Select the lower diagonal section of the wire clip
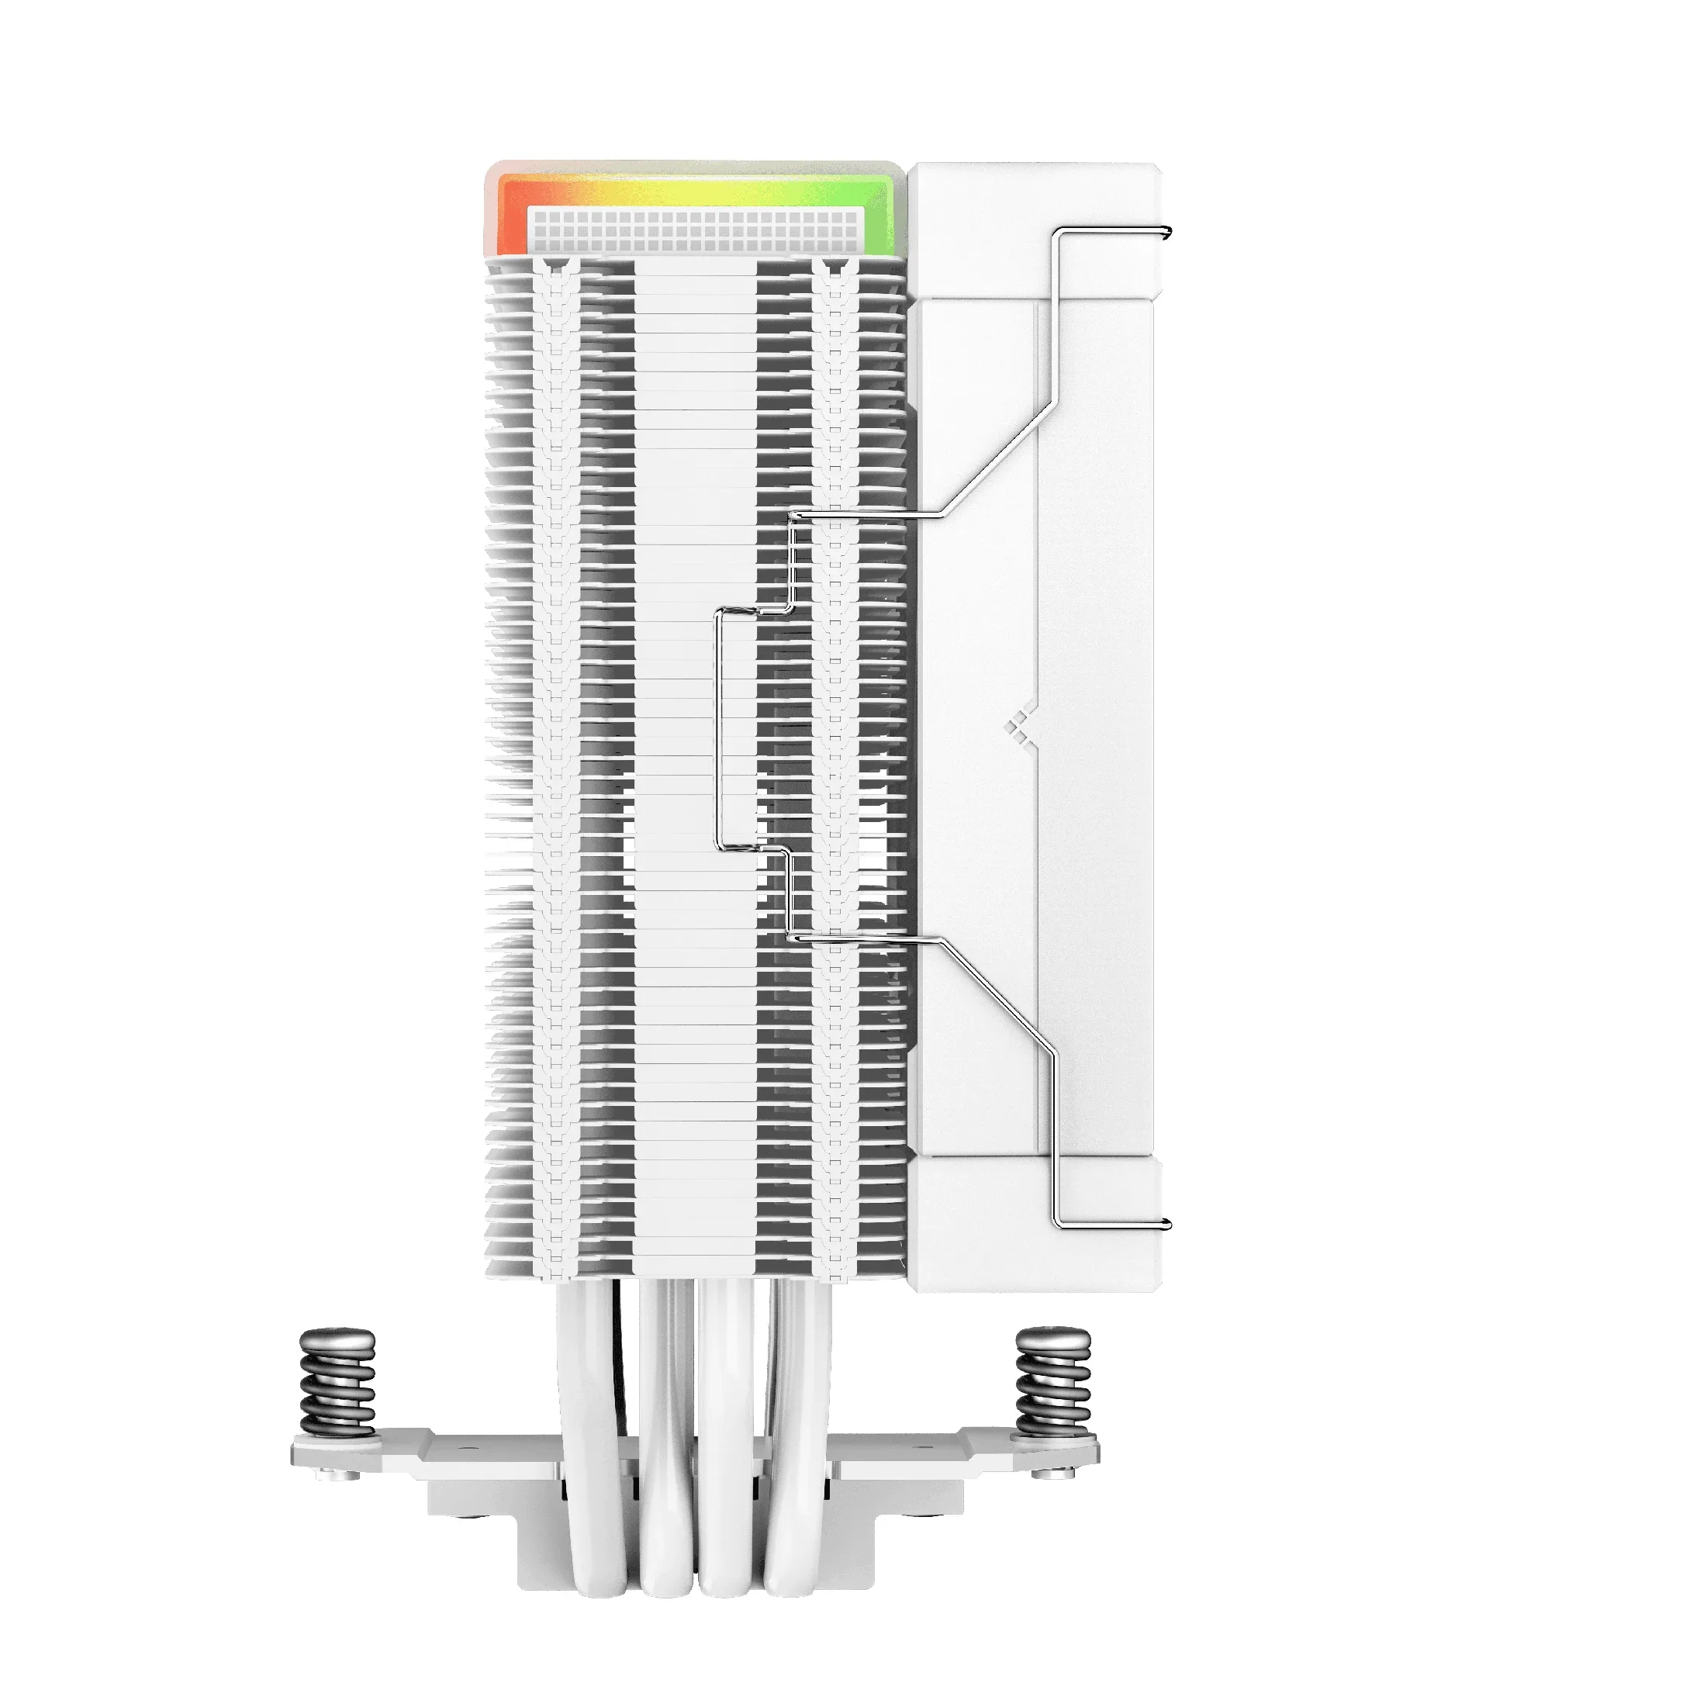coord(999,994)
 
